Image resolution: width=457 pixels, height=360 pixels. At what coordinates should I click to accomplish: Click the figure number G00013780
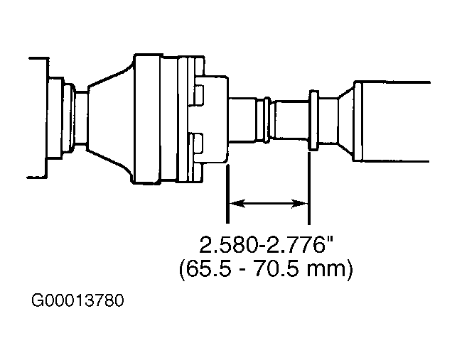point(77,300)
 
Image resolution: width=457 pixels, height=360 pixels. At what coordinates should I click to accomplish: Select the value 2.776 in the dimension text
point(295,245)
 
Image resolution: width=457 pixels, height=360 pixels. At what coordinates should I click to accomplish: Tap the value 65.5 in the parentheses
point(209,269)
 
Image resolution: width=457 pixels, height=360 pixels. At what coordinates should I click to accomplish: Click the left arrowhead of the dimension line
point(237,203)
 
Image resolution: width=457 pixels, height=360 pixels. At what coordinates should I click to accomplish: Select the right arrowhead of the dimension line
point(300,203)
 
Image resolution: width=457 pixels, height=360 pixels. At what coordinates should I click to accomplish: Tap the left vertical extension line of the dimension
point(227,194)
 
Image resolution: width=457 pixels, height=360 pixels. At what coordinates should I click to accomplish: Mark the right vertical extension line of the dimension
point(309,188)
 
